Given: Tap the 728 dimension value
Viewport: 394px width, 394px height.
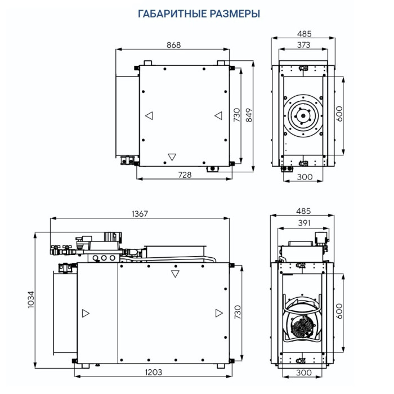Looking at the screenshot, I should [x=185, y=175].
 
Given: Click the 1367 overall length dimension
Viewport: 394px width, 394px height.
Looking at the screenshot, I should [x=139, y=213].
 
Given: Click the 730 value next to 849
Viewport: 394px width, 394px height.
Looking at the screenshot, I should [x=237, y=115].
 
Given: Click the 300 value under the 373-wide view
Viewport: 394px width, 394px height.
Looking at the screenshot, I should [x=304, y=177].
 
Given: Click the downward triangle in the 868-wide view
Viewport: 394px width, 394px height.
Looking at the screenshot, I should [x=172, y=156].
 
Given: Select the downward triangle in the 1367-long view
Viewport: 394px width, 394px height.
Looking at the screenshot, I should [x=175, y=274].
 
